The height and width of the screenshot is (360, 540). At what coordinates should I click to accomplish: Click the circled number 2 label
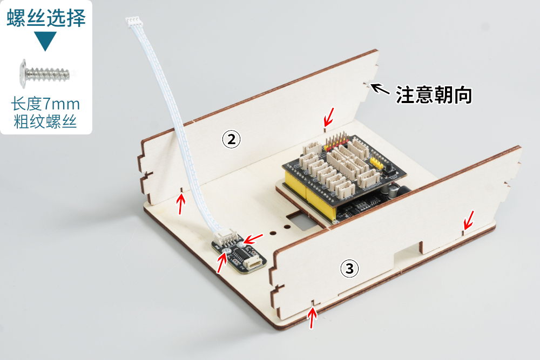pos(232,139)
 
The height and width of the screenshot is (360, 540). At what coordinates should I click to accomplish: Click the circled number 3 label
pos(349,268)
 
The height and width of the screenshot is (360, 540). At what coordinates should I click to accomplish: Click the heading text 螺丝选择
pos(46,18)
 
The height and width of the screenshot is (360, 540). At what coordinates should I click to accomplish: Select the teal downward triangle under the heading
pos(45,40)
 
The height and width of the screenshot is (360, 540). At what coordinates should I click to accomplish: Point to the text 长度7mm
pos(45,104)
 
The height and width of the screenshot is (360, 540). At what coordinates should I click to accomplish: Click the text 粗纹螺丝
pos(45,121)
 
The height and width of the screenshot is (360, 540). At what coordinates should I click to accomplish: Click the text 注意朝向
pos(434,94)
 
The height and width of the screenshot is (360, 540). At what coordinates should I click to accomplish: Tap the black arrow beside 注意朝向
pos(380,89)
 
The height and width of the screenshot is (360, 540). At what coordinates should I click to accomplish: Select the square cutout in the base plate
pos(300,221)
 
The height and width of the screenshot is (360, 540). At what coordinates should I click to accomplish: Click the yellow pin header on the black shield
pos(376,163)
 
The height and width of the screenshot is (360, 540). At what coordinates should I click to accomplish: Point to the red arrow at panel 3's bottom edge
pos(312,318)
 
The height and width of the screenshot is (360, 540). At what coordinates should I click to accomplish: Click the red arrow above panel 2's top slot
pos(329,117)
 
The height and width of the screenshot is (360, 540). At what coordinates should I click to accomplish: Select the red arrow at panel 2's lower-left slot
pos(181,204)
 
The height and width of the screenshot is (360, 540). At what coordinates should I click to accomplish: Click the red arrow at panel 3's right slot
pos(469,220)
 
